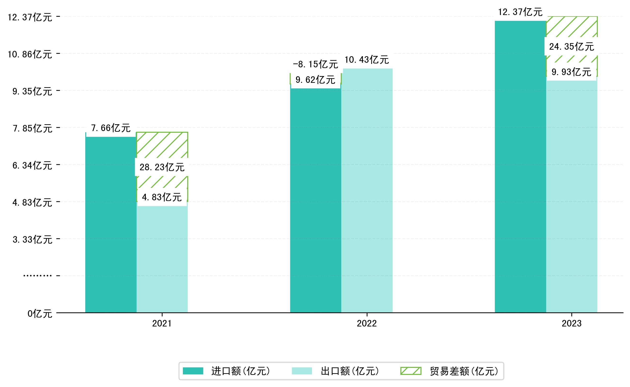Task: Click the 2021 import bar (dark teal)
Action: tap(111, 225)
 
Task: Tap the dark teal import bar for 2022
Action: tap(315, 200)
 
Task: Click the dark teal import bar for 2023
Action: tap(520, 166)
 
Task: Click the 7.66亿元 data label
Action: tap(111, 128)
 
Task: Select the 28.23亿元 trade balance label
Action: tap(162, 167)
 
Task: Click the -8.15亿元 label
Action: tap(315, 64)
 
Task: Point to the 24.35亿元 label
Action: tap(571, 46)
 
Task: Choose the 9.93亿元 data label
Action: tap(571, 72)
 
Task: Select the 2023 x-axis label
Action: tap(571, 324)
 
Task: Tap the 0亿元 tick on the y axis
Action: tap(40, 314)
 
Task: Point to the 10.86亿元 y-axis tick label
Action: tap(30, 54)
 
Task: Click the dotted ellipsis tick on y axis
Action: tap(37, 276)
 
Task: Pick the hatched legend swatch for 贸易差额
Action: tap(411, 371)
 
